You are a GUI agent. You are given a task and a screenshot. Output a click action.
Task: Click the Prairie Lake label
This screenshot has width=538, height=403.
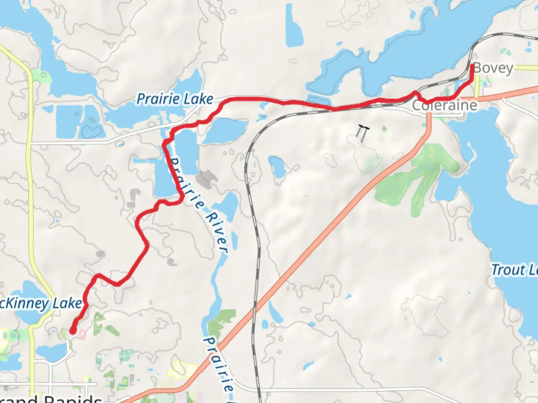coord(174,99)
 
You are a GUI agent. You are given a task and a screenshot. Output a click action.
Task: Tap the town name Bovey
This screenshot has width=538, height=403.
coord(494,69)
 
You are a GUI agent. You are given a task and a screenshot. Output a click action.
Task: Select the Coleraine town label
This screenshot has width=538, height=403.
coord(445,106)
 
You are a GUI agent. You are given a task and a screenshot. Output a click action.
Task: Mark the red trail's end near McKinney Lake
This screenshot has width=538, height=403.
coord(72,331)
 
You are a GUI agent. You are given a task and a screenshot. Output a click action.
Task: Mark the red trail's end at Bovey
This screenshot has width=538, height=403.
coord(472,66)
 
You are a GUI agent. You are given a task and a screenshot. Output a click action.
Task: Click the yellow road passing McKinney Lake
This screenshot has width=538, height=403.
coord(30,187)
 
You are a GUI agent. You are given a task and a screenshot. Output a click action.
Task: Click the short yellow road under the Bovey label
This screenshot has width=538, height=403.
coord(477,87)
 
